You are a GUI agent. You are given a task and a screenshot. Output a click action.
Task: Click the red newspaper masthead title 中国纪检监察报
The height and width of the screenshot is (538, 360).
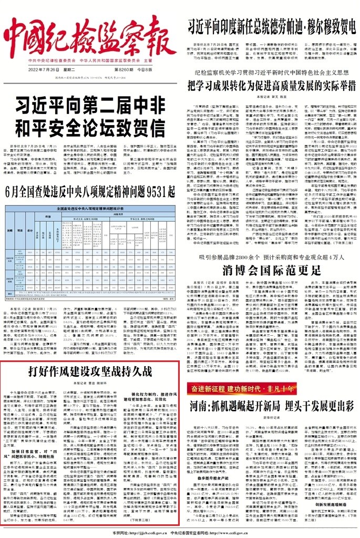coord(89,34)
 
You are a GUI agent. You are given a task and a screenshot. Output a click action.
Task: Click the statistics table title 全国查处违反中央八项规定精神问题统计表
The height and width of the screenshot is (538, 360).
coord(90,209)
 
